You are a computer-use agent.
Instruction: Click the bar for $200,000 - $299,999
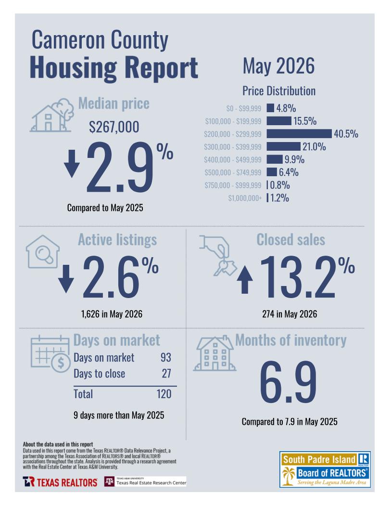click(299, 133)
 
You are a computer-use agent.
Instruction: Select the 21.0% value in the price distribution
click(314, 147)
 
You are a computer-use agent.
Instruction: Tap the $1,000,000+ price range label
click(245, 198)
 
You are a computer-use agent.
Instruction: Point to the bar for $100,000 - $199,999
click(279, 121)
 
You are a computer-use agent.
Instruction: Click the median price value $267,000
click(114, 127)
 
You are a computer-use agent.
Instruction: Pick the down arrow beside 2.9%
click(72, 164)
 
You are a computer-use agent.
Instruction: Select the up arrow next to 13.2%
click(245, 280)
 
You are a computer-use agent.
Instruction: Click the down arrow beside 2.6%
click(66, 279)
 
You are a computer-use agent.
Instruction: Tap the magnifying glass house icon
click(43, 251)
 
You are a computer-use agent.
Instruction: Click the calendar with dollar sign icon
click(50, 354)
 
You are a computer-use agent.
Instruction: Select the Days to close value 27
click(166, 374)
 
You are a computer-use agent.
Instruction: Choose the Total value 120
click(164, 394)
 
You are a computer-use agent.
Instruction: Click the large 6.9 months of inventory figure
click(288, 382)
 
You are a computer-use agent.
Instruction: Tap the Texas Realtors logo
click(60, 482)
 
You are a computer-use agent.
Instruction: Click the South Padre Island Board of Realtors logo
click(325, 469)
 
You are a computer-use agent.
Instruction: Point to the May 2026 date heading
click(278, 66)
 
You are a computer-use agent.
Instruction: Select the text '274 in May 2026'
click(290, 314)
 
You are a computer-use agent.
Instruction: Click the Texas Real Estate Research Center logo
click(145, 481)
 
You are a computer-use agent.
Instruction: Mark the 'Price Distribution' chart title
click(279, 91)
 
